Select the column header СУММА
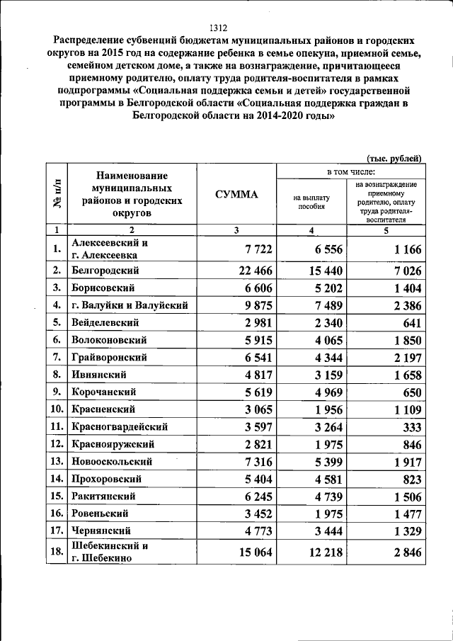click(x=236, y=195)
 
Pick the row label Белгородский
click(x=105, y=270)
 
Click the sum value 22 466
click(x=248, y=270)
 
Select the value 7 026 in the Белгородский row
click(x=403, y=270)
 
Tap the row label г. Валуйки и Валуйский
click(x=130, y=305)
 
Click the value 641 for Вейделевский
click(x=411, y=322)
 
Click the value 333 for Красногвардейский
click(x=411, y=427)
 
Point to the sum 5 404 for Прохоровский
click(x=253, y=479)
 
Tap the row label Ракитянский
click(x=103, y=496)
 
